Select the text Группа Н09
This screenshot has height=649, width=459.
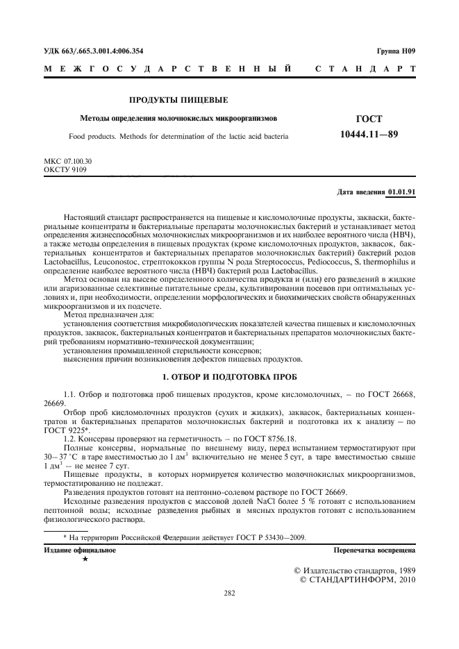[396, 51]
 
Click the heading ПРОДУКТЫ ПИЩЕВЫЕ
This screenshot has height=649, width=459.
[178, 101]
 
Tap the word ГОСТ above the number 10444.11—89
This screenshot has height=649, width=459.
[369, 119]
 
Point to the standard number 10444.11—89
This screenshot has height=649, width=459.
[369, 133]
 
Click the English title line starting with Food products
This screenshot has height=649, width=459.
[179, 137]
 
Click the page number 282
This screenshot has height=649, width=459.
[229, 593]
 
